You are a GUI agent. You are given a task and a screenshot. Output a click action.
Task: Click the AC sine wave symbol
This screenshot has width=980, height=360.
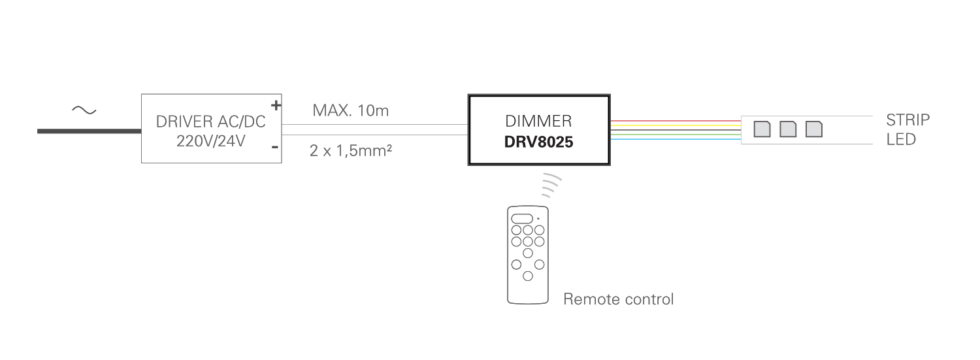point(84,110)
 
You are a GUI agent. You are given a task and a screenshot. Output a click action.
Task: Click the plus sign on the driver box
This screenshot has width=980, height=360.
point(276,105)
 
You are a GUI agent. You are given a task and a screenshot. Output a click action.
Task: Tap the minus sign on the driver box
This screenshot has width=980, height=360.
point(275,148)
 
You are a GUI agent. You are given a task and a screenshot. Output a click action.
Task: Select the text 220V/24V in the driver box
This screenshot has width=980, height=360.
point(210,141)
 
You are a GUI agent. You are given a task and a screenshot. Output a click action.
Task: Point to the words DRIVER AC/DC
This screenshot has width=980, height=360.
point(210,122)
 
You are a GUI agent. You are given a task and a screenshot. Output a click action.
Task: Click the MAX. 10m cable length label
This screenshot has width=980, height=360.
point(350,110)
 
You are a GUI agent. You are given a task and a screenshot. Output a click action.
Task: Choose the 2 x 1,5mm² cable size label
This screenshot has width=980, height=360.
point(350,150)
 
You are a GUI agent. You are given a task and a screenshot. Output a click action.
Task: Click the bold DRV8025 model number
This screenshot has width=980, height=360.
point(538,142)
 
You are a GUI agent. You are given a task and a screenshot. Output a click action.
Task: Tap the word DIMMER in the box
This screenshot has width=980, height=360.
point(538,121)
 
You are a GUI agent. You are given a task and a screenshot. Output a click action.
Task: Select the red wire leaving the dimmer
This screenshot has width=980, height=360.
point(676,121)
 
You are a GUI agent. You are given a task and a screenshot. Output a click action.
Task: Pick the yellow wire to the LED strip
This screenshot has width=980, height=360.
point(676,125)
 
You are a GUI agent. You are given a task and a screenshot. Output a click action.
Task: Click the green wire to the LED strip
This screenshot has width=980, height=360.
point(676,135)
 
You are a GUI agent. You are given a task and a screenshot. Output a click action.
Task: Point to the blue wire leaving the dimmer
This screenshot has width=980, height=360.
point(676,140)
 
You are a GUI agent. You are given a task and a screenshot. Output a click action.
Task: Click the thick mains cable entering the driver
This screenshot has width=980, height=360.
point(90,131)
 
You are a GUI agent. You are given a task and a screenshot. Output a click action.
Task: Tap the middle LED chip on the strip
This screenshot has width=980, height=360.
point(788,129)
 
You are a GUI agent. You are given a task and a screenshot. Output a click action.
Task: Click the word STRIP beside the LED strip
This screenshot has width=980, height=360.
point(908,120)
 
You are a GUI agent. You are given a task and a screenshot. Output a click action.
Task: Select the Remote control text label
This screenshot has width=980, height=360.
point(618,299)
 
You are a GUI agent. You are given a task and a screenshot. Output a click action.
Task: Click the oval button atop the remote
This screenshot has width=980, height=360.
point(522,219)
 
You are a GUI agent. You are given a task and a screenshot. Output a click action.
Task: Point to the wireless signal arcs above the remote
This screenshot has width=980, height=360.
point(551,185)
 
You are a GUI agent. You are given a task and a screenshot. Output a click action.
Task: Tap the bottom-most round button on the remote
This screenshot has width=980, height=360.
point(528,276)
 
